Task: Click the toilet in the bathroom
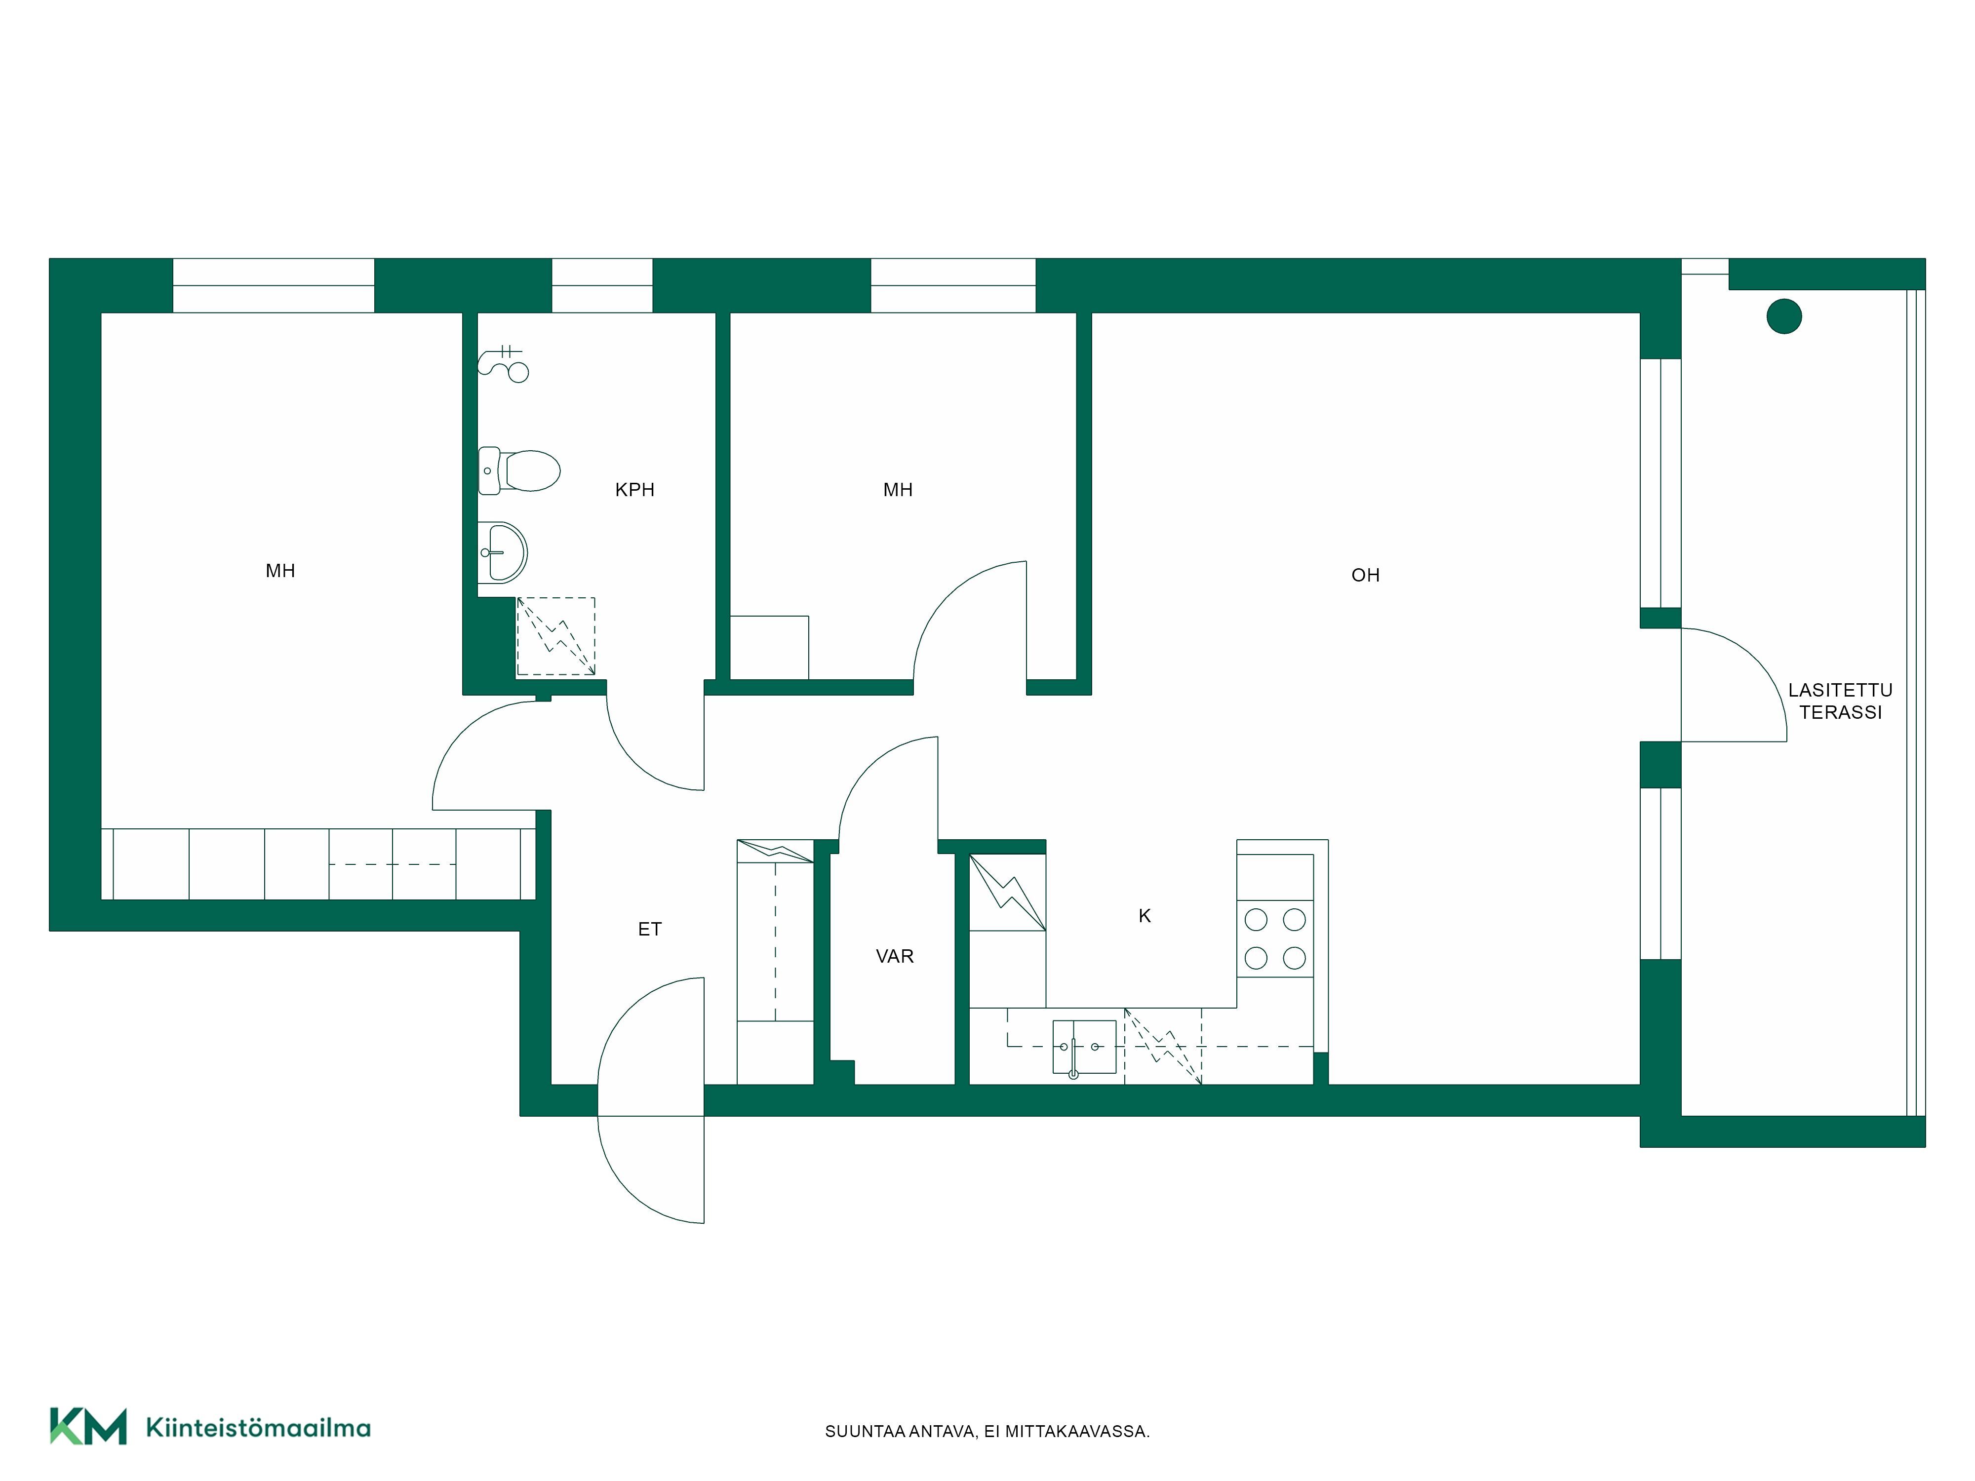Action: click(519, 470)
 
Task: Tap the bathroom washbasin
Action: click(503, 552)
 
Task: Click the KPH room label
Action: click(635, 489)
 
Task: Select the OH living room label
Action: click(1365, 576)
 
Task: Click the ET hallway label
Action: click(649, 929)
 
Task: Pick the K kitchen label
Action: click(1145, 916)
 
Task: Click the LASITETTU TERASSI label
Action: click(1840, 701)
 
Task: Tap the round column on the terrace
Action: click(1784, 316)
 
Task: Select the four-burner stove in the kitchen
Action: click(1275, 938)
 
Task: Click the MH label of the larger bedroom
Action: click(280, 571)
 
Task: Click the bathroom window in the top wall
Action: click(602, 286)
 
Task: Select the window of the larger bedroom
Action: click(273, 286)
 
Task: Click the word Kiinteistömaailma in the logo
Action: click(258, 1428)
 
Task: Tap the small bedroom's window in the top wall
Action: click(952, 286)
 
